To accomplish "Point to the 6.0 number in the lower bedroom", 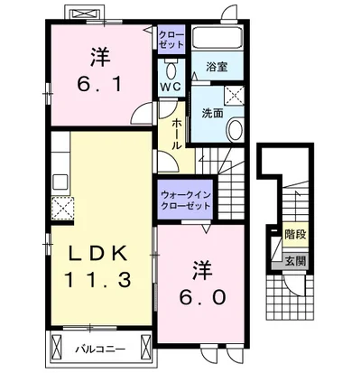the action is click(x=202, y=297).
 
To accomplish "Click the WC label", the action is click(x=171, y=87).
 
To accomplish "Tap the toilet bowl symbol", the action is click(x=171, y=70).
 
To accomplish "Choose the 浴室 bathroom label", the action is click(x=217, y=67).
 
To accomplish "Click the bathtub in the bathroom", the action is click(x=218, y=37).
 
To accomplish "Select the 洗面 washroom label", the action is click(x=212, y=113).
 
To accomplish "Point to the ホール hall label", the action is click(x=176, y=134).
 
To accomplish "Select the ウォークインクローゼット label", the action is click(x=185, y=200).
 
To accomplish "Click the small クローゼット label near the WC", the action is click(x=171, y=40).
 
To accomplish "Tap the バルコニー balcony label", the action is click(x=100, y=350).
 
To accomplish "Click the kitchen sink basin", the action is click(x=60, y=182).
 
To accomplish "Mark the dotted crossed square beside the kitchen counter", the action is click(x=62, y=208).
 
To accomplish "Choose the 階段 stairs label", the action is click(x=295, y=234).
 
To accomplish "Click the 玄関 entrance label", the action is click(x=295, y=261).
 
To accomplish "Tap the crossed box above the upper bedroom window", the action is click(x=85, y=14).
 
